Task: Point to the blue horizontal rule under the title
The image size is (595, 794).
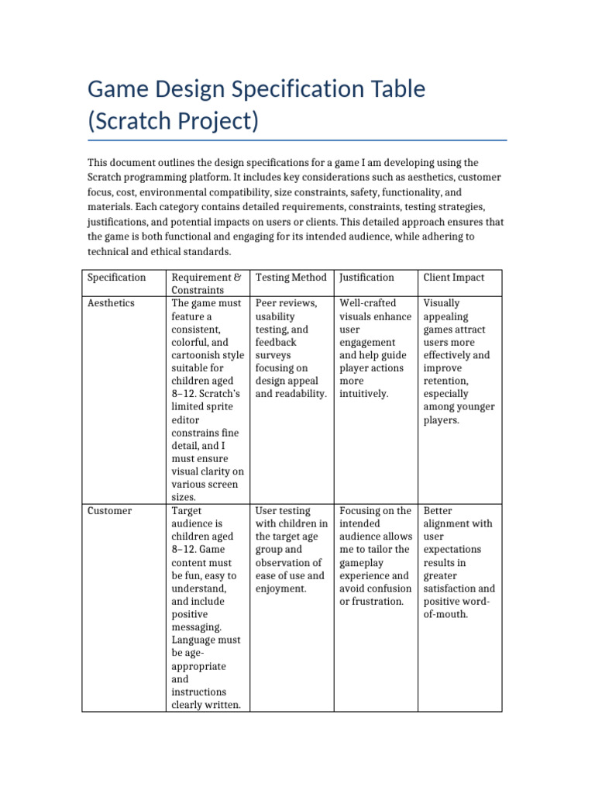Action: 297,140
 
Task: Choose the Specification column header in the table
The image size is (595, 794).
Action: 116,278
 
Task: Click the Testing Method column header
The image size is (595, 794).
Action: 291,278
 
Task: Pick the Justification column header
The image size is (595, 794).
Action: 366,278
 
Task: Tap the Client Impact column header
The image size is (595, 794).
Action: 453,278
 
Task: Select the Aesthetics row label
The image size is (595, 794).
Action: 111,303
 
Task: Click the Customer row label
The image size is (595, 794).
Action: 109,511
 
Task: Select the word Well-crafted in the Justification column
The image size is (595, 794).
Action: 368,303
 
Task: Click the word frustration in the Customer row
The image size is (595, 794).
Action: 377,602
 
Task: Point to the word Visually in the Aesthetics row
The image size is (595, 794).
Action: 442,303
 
